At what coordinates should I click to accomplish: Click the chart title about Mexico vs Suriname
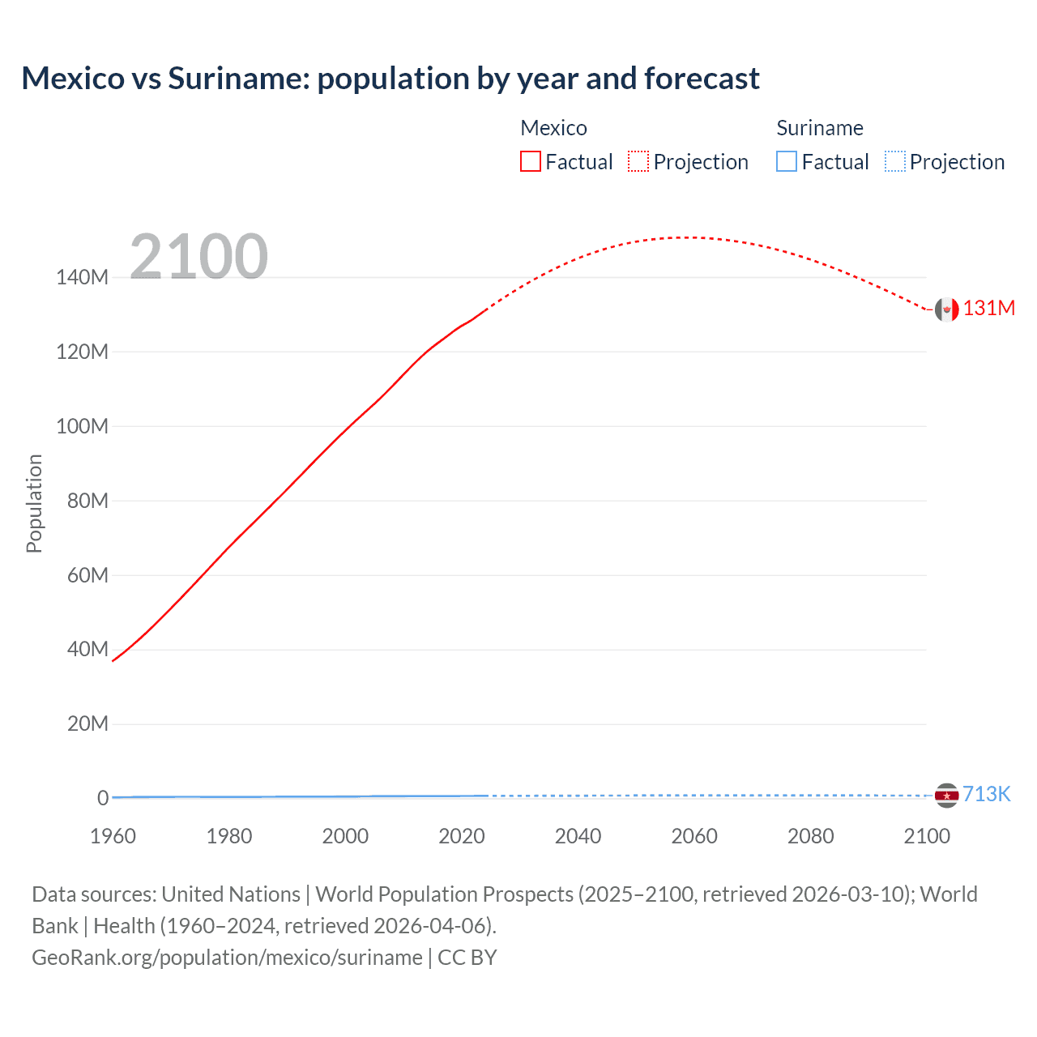(x=390, y=79)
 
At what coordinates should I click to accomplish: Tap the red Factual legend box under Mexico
(x=531, y=161)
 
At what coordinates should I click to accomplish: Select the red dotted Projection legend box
(x=638, y=161)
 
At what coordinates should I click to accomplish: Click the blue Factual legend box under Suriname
(x=787, y=161)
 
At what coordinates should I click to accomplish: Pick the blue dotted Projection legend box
(x=895, y=161)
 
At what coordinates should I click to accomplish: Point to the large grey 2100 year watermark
(x=198, y=256)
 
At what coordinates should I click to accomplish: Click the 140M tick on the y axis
(x=82, y=278)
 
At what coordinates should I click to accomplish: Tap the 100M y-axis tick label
(x=82, y=426)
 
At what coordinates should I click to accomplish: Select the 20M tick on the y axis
(x=87, y=723)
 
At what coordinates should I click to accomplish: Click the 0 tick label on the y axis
(x=103, y=798)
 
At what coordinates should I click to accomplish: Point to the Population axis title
(x=34, y=503)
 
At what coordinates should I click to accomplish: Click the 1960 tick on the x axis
(x=113, y=836)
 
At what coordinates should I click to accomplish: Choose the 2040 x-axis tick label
(x=578, y=836)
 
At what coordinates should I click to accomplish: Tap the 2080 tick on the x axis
(x=810, y=836)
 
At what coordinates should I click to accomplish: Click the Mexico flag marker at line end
(x=946, y=309)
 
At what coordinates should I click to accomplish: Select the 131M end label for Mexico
(x=988, y=308)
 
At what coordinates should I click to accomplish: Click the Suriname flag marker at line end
(x=946, y=796)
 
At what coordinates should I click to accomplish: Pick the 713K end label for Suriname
(x=986, y=794)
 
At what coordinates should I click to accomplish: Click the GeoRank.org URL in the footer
(x=227, y=958)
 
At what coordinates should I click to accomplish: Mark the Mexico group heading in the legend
(x=553, y=128)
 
